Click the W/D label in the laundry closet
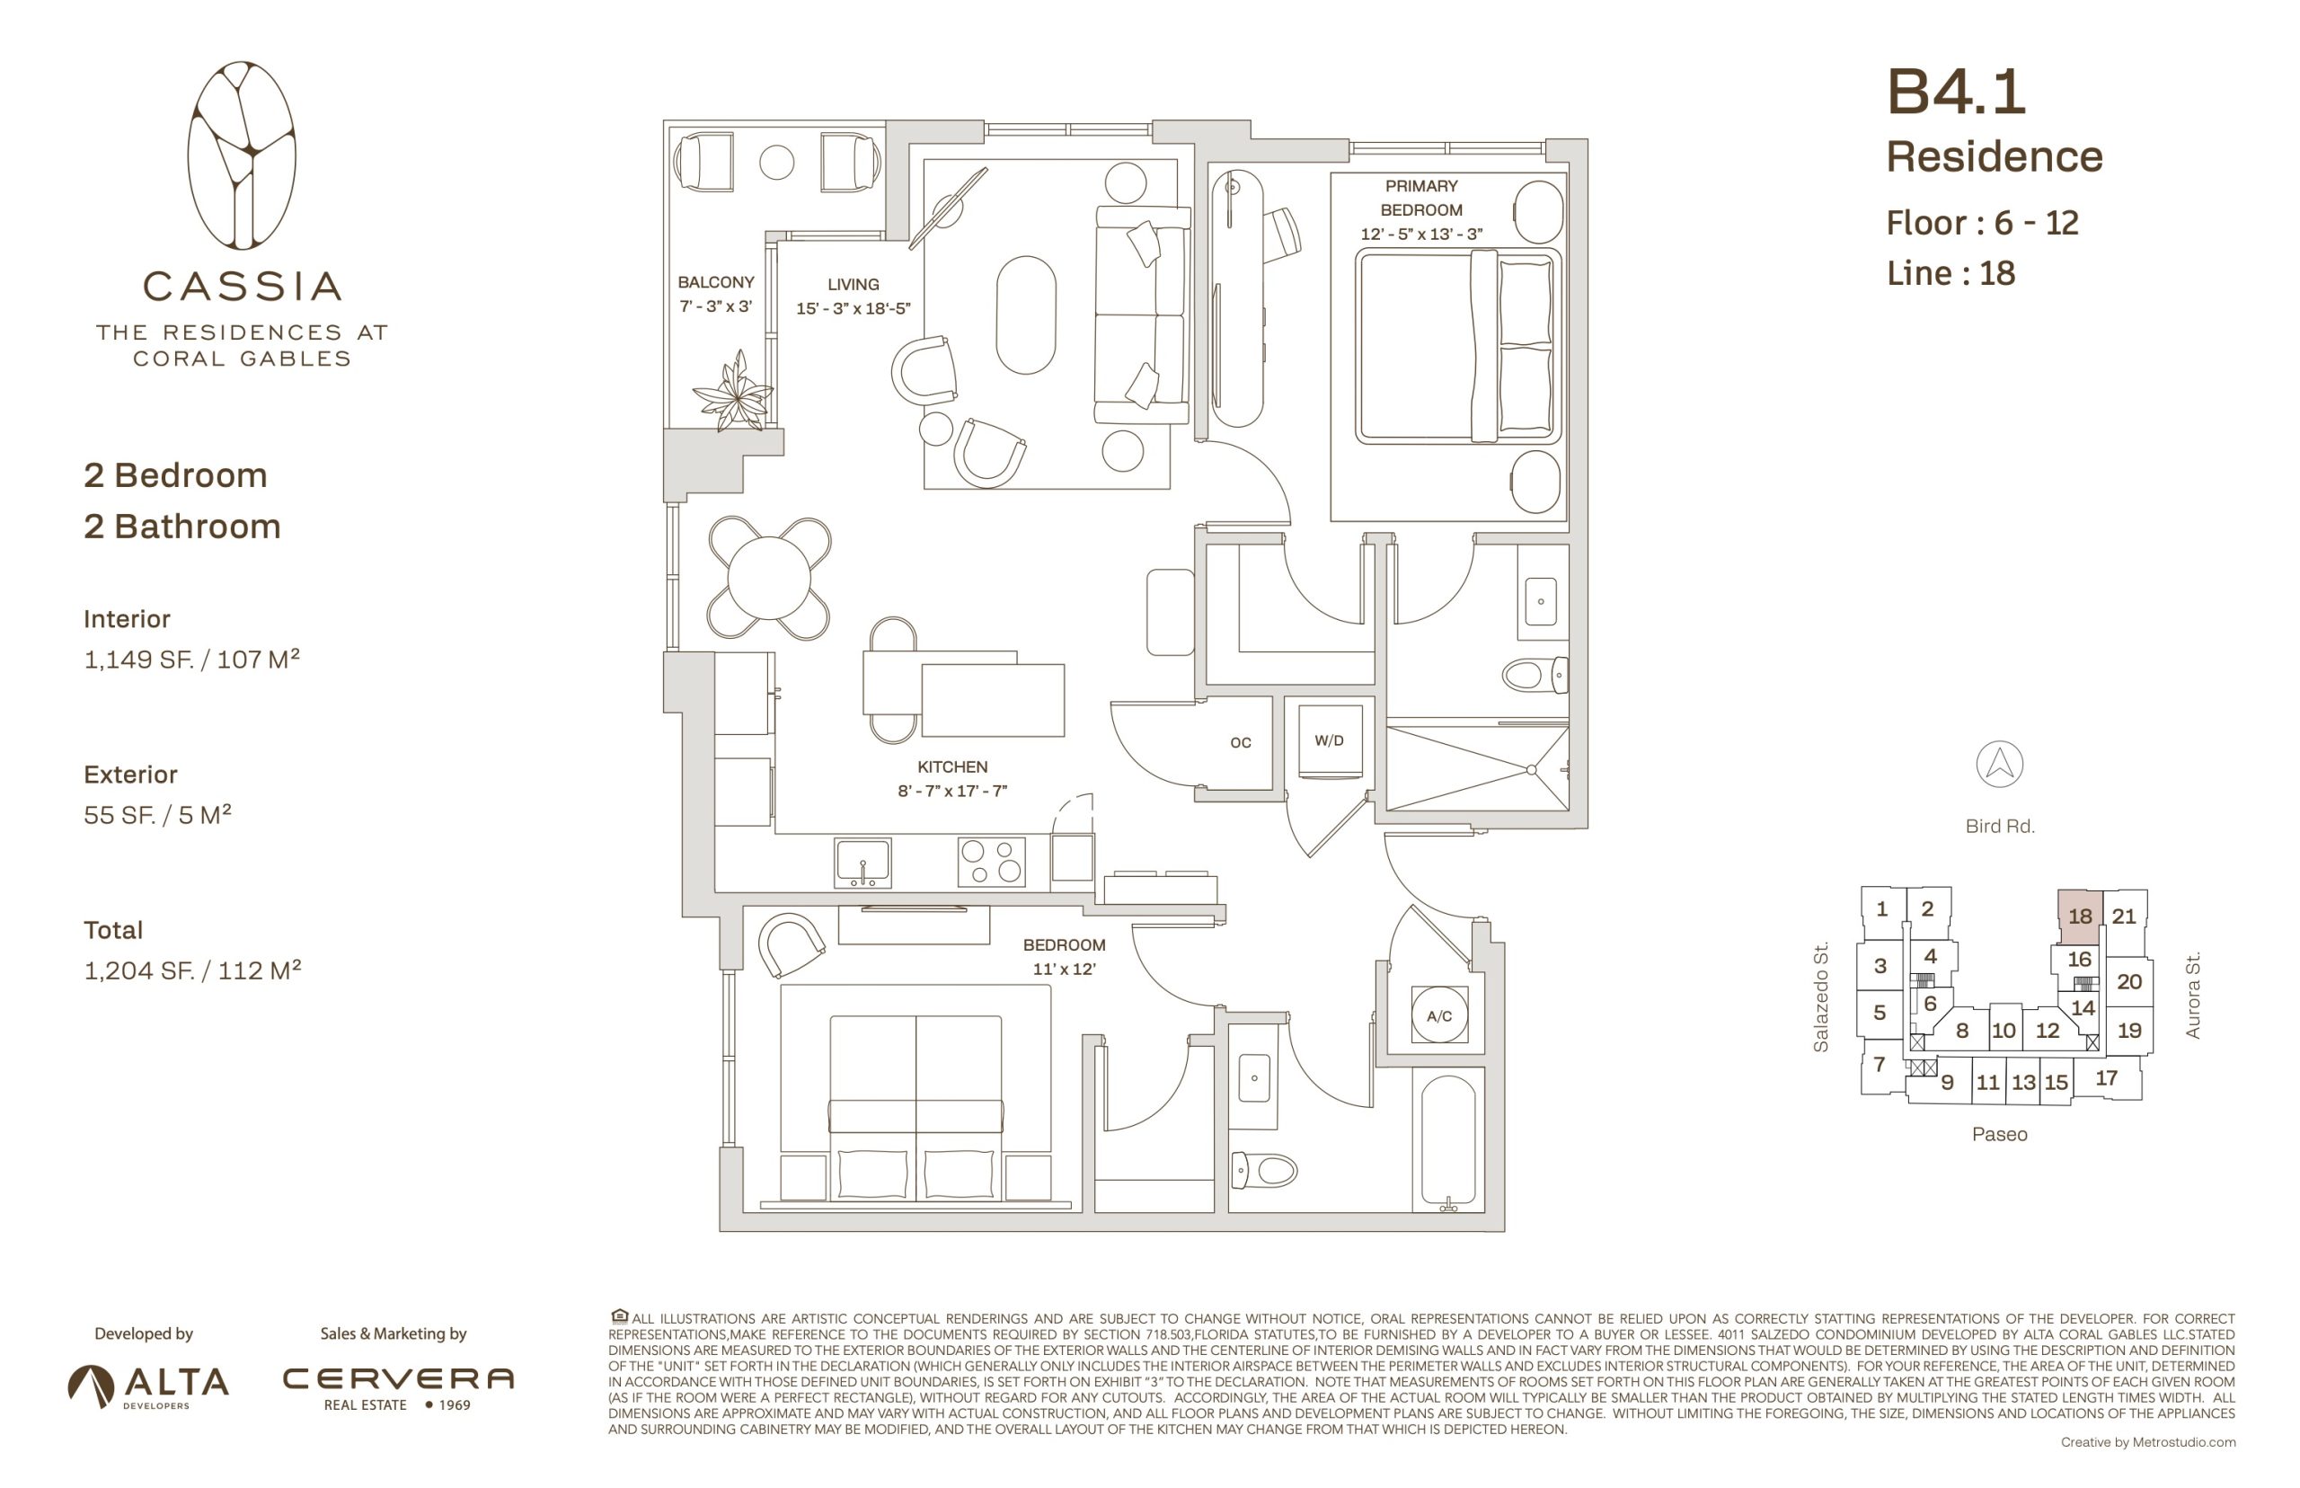1328,740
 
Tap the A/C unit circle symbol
1438,1015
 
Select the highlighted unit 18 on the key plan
2079,916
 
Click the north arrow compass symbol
1999,765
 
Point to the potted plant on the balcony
734,392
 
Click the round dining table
769,578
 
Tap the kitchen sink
862,862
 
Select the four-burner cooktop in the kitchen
991,861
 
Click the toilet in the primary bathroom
1534,675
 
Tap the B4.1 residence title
1956,92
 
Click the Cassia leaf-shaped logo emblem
242,155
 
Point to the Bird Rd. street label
2000,826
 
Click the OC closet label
1241,742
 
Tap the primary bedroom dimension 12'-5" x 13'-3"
1421,234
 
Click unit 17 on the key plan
2106,1077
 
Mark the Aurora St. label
2193,996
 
